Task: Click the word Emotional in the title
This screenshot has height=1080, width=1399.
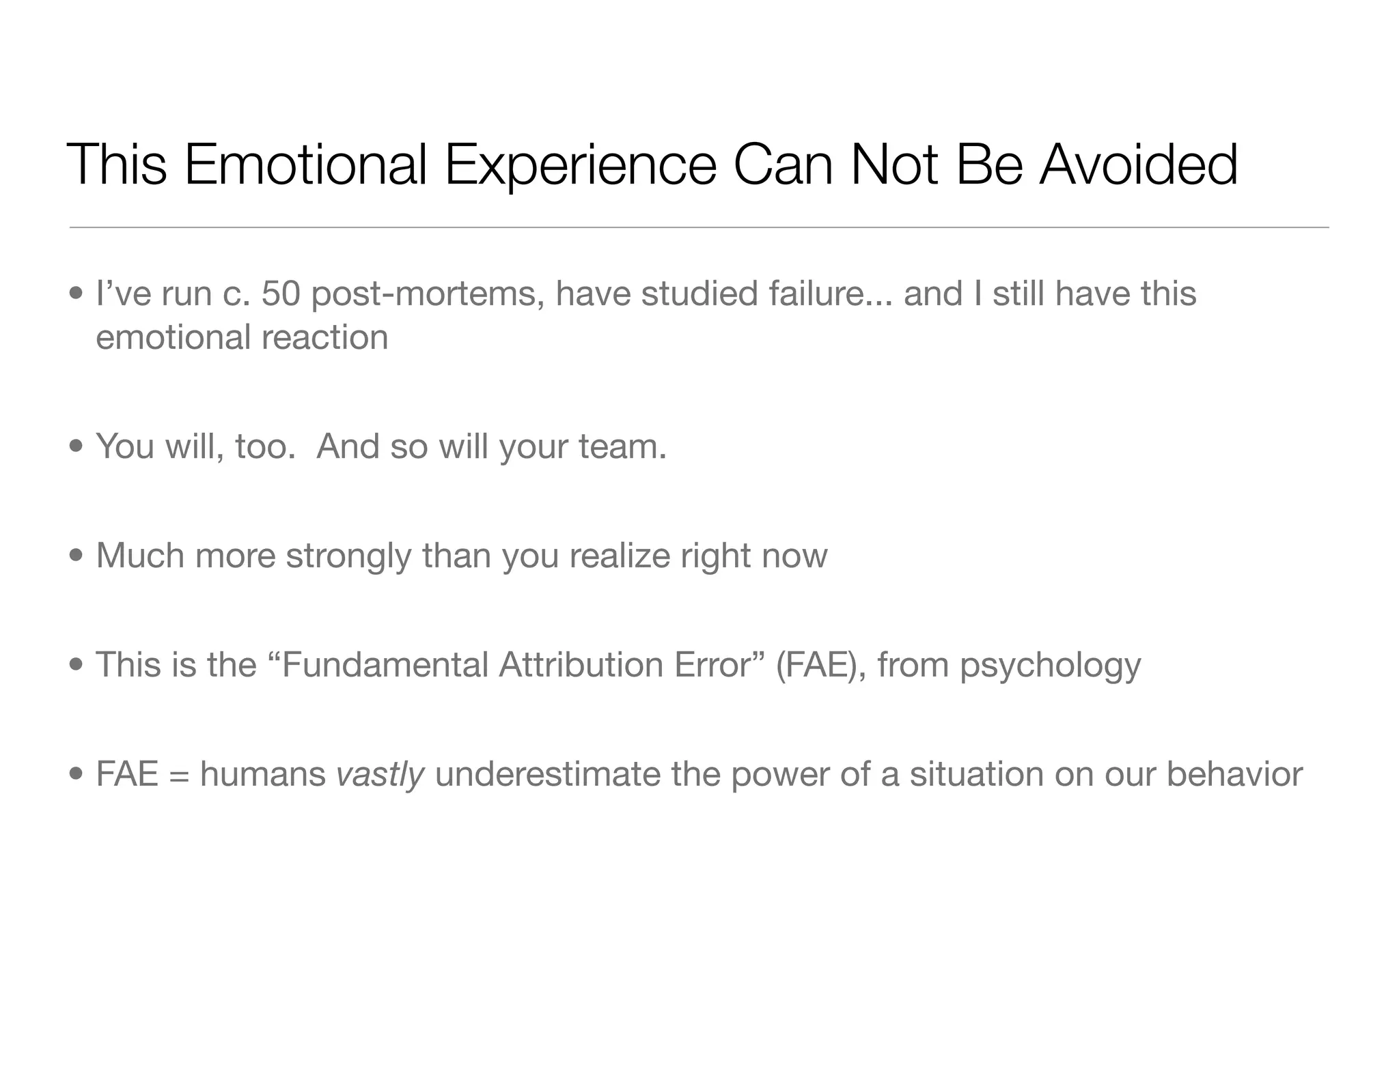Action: (305, 165)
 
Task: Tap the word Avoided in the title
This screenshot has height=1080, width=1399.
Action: (1138, 165)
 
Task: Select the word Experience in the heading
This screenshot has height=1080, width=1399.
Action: (581, 165)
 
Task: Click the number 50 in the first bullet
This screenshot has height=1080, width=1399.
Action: (281, 294)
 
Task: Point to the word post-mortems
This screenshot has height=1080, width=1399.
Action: (428, 294)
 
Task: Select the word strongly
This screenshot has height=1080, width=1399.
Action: (349, 556)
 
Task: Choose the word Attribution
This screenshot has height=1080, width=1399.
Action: (581, 665)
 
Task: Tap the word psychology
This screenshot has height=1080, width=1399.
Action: (1050, 666)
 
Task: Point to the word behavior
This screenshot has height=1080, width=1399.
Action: (1234, 774)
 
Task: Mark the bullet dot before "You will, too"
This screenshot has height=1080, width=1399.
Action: (77, 446)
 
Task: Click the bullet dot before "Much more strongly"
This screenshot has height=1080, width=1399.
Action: (77, 556)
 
